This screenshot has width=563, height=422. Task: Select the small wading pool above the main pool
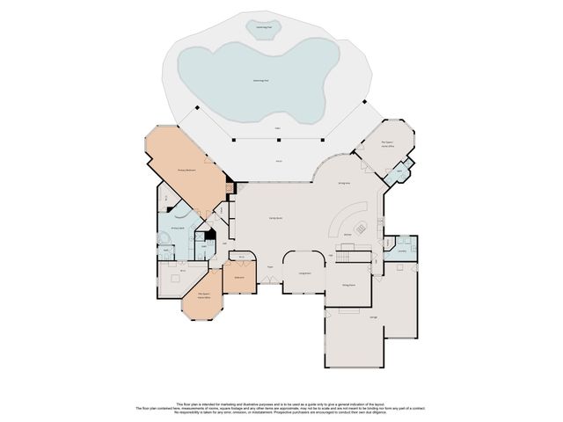pos(263,29)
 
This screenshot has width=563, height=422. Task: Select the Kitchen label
pos(347,235)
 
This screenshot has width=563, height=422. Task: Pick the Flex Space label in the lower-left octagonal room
pos(202,296)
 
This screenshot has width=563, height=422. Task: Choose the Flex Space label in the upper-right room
pos(387,144)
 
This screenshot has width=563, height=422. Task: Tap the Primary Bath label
pos(176,227)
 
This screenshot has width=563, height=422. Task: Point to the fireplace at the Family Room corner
pos(230,186)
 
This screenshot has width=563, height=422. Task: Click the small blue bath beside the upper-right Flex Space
pos(399,171)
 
